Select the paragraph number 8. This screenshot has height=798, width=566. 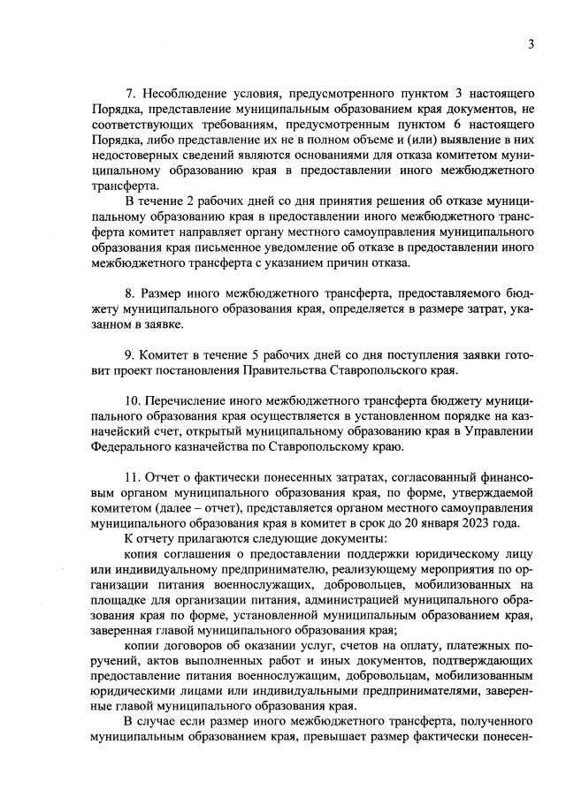tap(129, 292)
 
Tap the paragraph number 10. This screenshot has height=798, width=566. tap(133, 401)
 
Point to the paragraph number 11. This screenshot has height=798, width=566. tap(133, 478)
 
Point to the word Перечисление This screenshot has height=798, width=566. tap(192, 401)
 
